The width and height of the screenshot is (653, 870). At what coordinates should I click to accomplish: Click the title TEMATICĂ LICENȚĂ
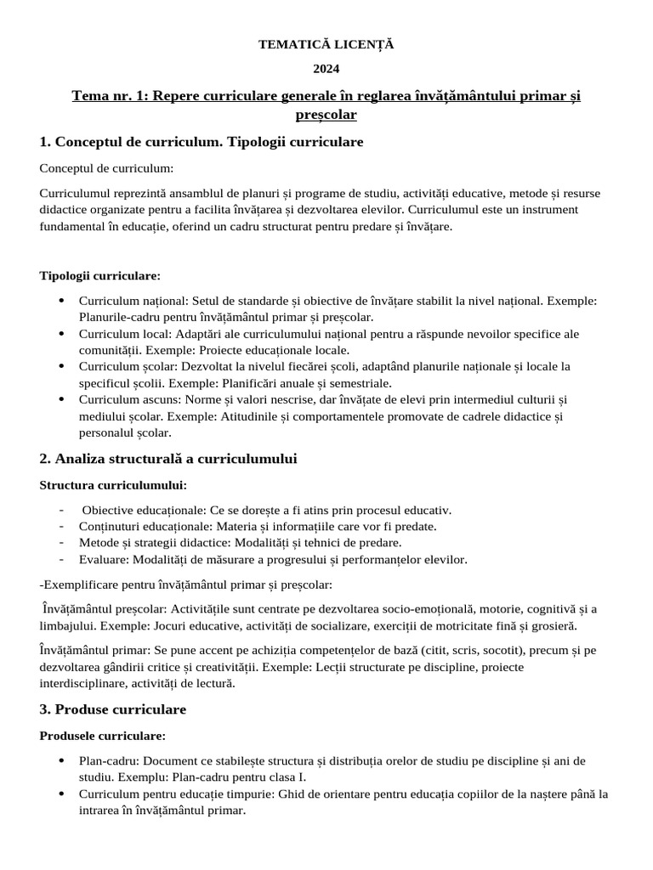pos(326,44)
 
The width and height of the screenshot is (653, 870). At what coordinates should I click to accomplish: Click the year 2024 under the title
pos(326,69)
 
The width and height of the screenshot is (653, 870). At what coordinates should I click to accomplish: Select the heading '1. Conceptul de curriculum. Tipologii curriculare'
pos(202,142)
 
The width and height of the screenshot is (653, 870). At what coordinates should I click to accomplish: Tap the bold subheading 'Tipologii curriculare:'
pos(99,276)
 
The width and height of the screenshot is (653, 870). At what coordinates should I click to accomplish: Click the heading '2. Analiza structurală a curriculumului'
pos(168,459)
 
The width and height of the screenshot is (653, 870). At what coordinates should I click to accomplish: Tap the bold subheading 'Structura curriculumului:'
pos(113,485)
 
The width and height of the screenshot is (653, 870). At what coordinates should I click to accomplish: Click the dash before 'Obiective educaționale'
pos(63,511)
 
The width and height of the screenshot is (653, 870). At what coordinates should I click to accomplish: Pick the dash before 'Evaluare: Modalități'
pos(63,559)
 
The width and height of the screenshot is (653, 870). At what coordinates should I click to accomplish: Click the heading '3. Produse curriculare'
pos(113,709)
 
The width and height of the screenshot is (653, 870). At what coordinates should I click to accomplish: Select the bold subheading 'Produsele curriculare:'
pos(102,735)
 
